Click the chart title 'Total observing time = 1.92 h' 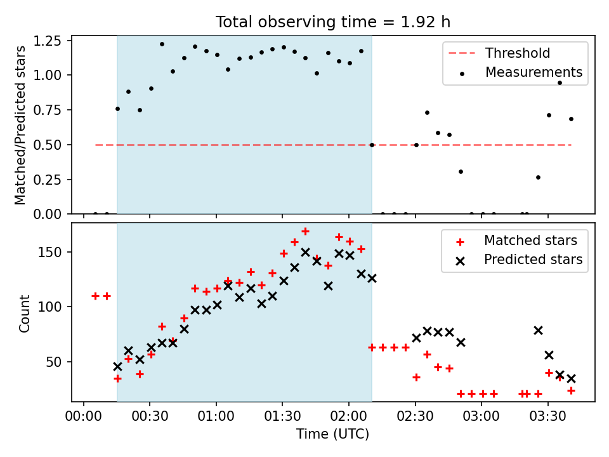(x=333, y=22)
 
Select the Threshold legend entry (x=499, y=53)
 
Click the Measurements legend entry (x=520, y=72)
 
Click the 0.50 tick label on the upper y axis (x=48, y=145)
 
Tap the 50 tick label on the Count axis (x=54, y=362)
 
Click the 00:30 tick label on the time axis (x=150, y=416)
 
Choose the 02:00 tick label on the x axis (x=349, y=416)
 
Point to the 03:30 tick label (x=547, y=416)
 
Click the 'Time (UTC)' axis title (x=333, y=434)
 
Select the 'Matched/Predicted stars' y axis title (x=20, y=125)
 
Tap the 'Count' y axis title (x=25, y=314)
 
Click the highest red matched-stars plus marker (x=305, y=232)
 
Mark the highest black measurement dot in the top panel (x=162, y=44)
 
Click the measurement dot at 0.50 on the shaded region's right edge (x=372, y=145)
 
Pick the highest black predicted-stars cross (x=305, y=252)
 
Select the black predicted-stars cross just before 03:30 (x=538, y=330)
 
